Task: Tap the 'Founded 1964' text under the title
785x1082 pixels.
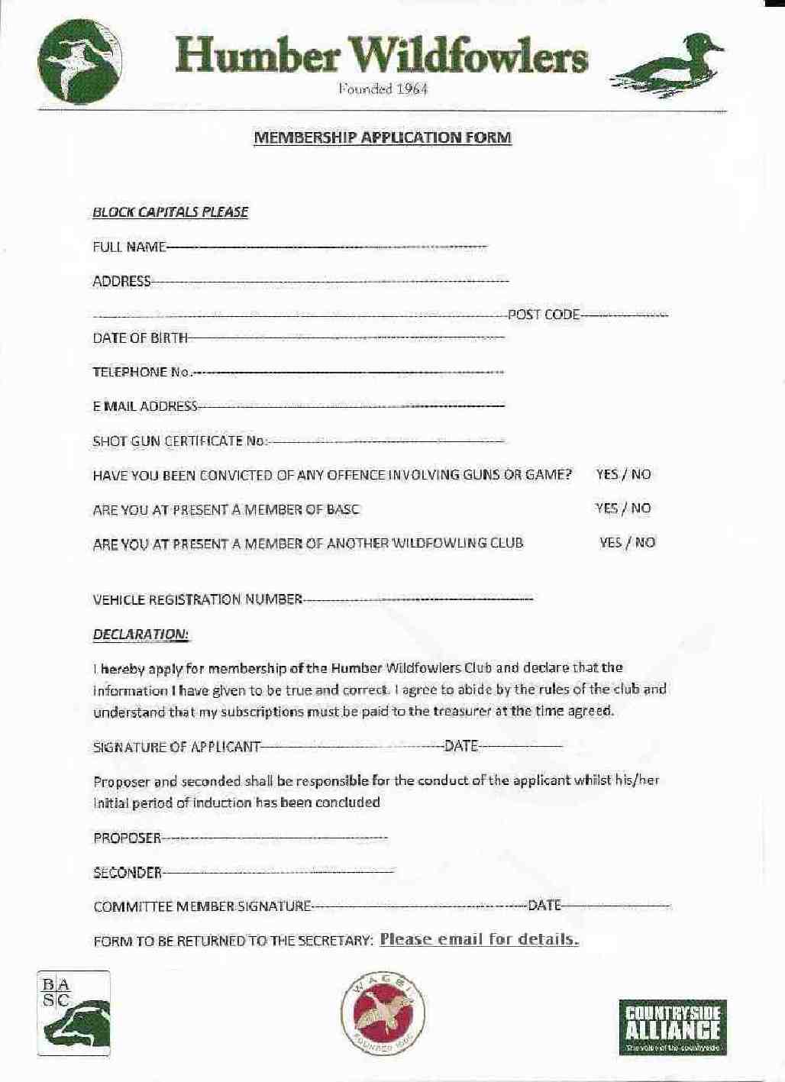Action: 383,89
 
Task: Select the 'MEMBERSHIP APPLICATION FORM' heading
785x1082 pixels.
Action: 382,138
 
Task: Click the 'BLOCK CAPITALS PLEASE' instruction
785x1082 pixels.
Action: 170,212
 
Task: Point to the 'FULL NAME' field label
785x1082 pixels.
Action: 128,247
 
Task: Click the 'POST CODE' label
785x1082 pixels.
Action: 544,315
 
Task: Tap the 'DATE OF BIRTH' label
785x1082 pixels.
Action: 140,338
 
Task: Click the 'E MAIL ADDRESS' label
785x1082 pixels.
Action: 145,406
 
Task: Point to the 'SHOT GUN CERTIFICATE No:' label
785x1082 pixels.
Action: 179,441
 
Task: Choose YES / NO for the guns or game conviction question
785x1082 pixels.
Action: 623,474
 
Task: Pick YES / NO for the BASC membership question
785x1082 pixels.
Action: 623,509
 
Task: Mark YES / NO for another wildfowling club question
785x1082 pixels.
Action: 627,543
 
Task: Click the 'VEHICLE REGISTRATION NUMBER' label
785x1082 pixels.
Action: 198,599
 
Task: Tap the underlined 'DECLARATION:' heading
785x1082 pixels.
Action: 141,635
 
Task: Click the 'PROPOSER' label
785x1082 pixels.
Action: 127,838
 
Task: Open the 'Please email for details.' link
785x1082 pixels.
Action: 479,939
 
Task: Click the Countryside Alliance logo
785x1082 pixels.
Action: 672,1028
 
